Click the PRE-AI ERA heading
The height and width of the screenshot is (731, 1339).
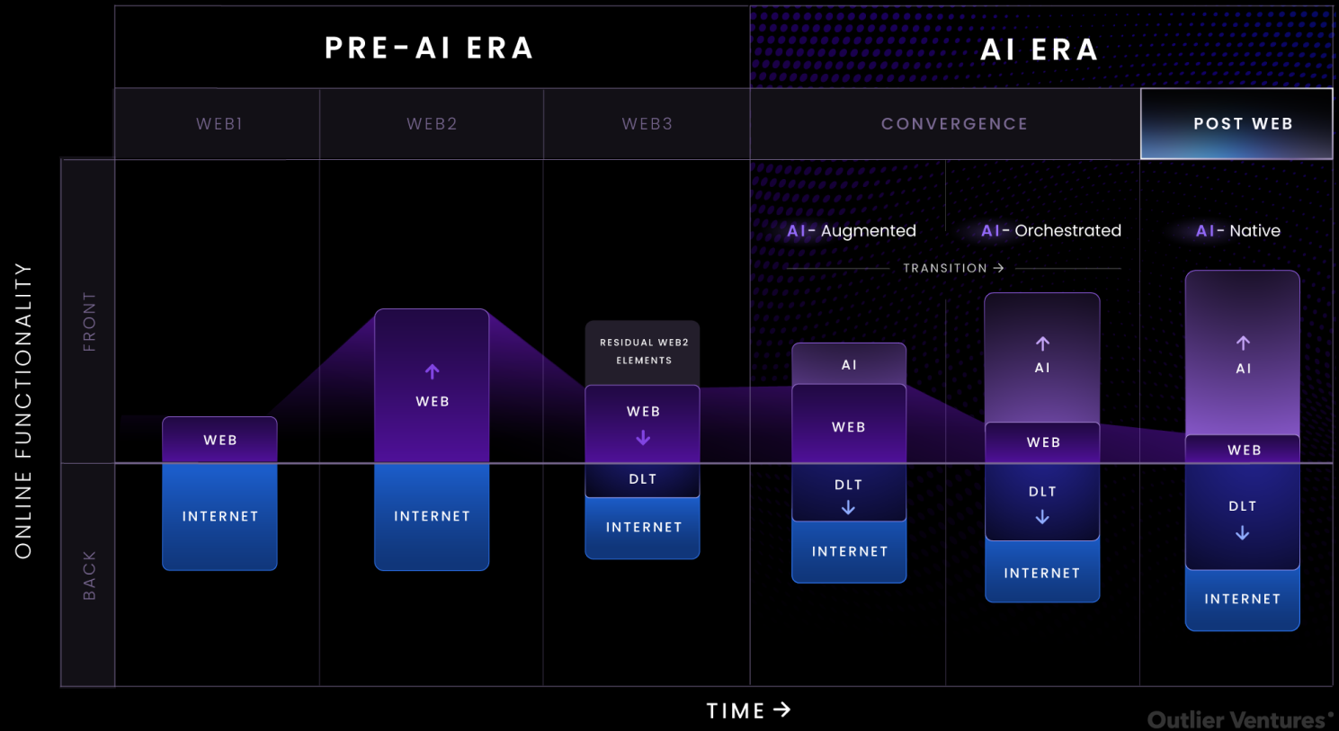pos(429,49)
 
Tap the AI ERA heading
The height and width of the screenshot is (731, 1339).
pos(1040,49)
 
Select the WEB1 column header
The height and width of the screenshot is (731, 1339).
pos(219,124)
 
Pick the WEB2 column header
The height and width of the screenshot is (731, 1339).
pos(432,124)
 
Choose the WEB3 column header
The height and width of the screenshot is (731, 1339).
pos(647,124)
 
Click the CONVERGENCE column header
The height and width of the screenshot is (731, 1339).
pos(955,124)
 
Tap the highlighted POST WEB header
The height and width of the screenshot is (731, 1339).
pos(1236,124)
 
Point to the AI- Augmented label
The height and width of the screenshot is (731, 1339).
pos(852,231)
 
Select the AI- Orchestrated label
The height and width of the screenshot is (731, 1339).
pos(1051,231)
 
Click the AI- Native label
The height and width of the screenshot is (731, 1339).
pos(1238,231)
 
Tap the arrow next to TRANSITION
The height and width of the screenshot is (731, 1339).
pos(998,268)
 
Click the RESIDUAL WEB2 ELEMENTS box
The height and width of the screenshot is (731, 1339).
pos(643,352)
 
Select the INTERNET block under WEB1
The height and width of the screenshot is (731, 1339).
pos(219,516)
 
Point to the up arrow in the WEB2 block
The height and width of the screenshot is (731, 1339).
pos(433,371)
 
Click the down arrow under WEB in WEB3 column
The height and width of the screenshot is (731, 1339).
pos(643,438)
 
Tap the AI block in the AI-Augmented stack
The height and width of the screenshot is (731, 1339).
pos(849,364)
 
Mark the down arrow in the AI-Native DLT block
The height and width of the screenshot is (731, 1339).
pos(1242,532)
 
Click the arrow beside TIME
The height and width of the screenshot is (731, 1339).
pos(781,709)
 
